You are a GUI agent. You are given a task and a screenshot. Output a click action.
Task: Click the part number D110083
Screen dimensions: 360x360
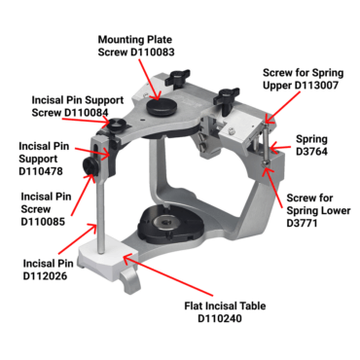tap(153, 53)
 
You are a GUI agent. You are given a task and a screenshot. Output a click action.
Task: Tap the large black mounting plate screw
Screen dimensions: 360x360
tap(162, 107)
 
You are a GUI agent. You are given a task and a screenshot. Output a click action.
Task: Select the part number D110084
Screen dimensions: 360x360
tap(87, 113)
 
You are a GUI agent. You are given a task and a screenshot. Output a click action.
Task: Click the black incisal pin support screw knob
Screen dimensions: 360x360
tap(117, 125)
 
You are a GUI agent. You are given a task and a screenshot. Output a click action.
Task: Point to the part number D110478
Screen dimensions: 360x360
tap(41, 171)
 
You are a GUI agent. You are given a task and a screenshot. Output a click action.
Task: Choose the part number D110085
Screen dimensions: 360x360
tap(43, 222)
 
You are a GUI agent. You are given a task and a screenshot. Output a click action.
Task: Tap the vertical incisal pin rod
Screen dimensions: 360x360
tap(101, 214)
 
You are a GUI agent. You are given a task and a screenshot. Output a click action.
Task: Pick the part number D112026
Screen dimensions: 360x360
tap(45, 276)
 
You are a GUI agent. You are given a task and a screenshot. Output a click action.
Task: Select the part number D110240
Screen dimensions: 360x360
tap(220, 318)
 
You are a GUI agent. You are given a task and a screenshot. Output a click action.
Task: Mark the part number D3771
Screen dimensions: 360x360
tap(302, 224)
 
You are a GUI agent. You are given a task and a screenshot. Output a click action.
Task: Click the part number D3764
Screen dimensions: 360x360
tap(311, 152)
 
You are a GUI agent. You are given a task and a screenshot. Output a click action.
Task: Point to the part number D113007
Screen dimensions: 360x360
tap(316, 86)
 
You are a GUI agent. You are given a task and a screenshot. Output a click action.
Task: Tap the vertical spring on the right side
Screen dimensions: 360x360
tap(267, 144)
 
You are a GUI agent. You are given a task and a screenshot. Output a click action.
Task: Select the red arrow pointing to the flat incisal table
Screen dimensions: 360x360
tap(168, 275)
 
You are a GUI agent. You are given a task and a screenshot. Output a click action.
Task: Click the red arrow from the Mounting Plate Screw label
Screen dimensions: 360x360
tap(150, 80)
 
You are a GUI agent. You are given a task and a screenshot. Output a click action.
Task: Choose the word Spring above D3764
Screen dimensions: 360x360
tap(311, 139)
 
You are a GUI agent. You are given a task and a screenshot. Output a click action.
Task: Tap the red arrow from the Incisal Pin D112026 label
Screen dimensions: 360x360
tap(78, 238)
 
